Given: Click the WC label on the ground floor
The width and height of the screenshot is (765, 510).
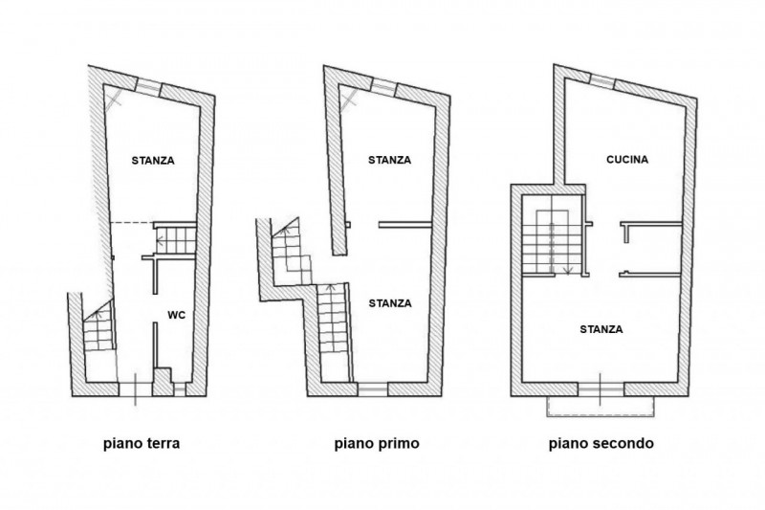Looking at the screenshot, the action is [x=177, y=315].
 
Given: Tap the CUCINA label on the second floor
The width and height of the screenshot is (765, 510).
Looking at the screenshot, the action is [x=627, y=160].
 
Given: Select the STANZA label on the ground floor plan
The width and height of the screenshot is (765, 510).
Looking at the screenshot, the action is [x=153, y=161].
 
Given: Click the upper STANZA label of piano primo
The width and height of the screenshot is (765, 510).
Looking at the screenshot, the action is [x=390, y=160].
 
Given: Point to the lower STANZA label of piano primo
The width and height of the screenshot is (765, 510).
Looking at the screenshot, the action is [x=390, y=303].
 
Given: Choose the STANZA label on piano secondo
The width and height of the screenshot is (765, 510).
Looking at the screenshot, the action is [x=601, y=329].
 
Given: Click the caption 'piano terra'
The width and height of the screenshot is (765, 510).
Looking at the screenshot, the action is [x=142, y=444].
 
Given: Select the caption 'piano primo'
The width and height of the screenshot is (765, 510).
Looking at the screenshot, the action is [x=377, y=444].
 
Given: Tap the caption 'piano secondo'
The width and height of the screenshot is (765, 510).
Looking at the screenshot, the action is [x=601, y=444].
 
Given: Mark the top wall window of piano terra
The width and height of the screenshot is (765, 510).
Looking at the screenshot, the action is [x=147, y=86].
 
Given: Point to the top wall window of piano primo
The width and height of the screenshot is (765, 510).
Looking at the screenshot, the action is [x=383, y=86].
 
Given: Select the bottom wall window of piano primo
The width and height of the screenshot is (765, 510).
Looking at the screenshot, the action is [x=373, y=389].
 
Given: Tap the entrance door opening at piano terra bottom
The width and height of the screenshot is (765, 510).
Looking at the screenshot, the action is [x=136, y=389].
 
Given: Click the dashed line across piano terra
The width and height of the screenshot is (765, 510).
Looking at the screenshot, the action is [x=132, y=223].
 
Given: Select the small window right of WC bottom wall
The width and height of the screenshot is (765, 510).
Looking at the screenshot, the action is [x=180, y=389].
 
